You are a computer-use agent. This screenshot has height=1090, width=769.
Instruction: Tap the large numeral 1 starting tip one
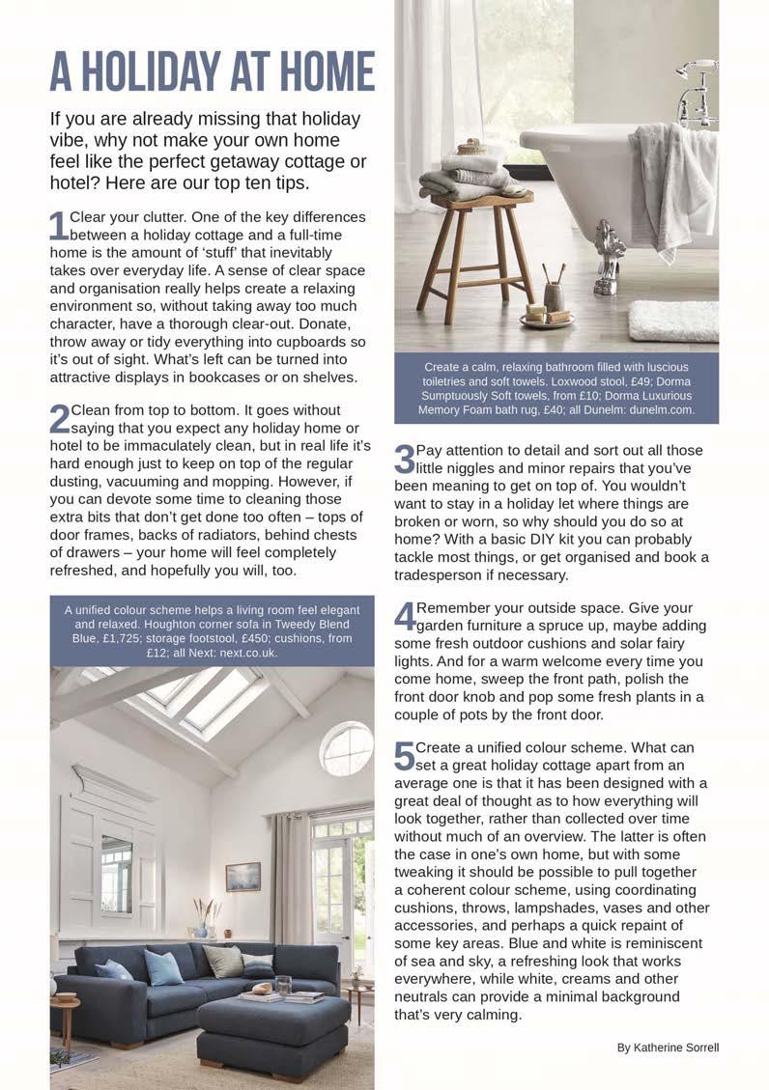(x=58, y=226)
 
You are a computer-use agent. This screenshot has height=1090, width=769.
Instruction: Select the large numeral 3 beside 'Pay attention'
(x=404, y=460)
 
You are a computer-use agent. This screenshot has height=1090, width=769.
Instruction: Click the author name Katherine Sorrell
(x=668, y=1048)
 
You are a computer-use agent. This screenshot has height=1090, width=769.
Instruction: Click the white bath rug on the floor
(x=672, y=321)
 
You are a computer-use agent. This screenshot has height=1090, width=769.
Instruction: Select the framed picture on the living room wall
(x=242, y=876)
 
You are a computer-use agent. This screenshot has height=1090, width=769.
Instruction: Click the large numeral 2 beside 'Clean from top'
(x=59, y=419)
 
